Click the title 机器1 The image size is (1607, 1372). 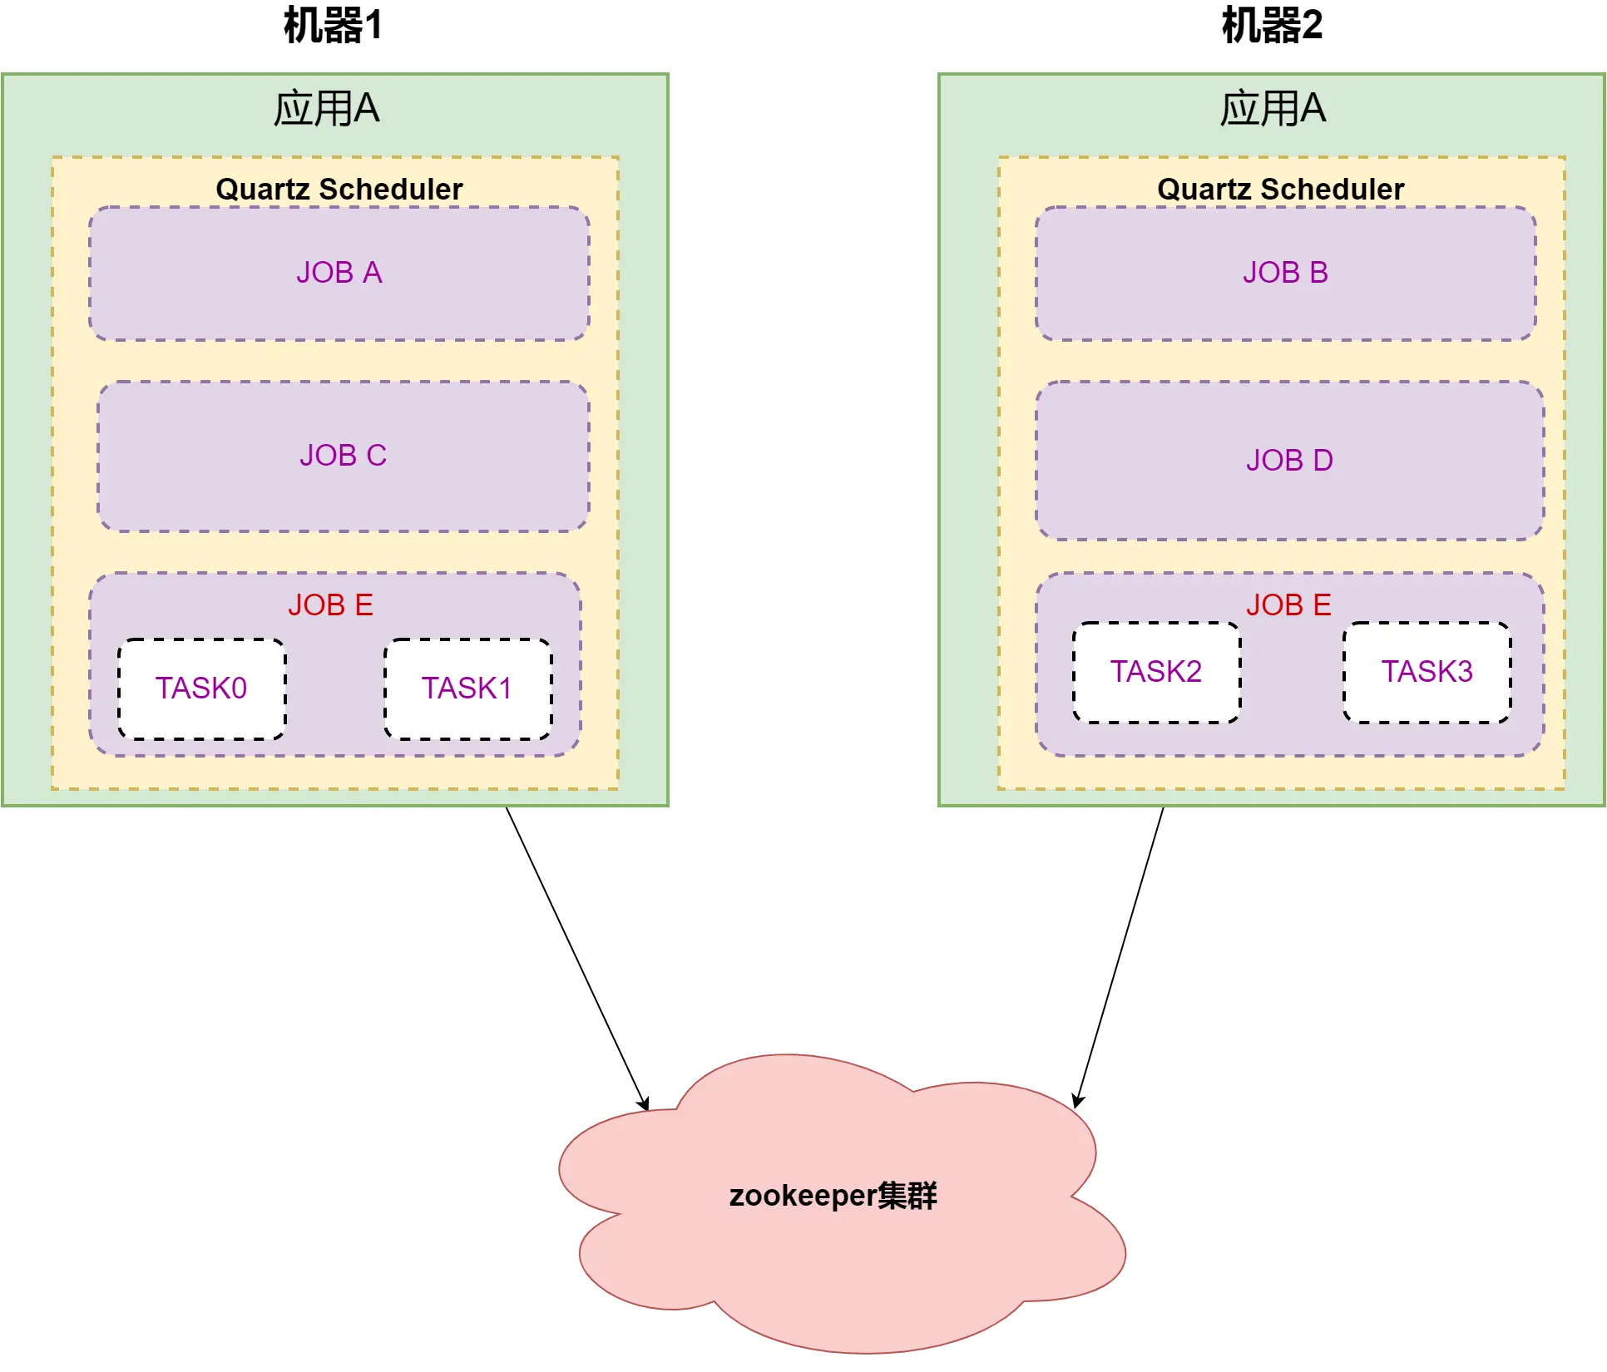click(333, 25)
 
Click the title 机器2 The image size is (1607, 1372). click(1272, 25)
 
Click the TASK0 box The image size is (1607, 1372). click(201, 688)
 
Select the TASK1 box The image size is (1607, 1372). click(467, 688)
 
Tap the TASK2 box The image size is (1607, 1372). click(1156, 672)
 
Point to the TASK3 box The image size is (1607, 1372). click(1427, 672)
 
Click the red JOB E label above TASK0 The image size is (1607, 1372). click(331, 605)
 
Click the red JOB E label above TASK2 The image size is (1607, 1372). click(1288, 605)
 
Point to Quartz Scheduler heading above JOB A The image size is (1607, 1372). click(339, 189)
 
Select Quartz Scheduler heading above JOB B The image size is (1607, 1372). click(1281, 189)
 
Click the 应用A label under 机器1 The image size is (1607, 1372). click(327, 108)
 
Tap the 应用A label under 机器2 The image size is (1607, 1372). click(1273, 108)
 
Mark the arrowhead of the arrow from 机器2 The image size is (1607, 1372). click(1077, 1103)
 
